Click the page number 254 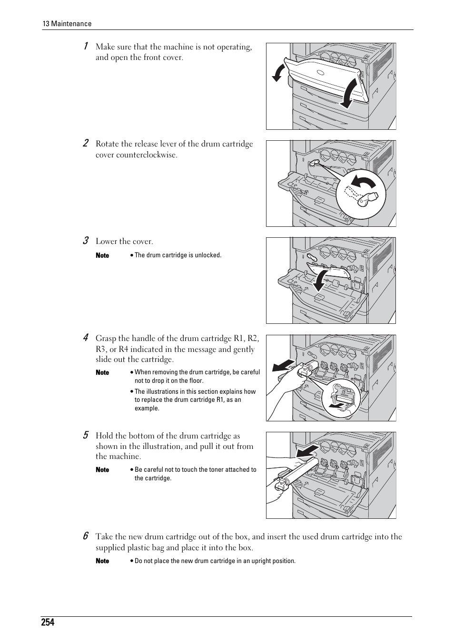(48, 622)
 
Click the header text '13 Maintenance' (67, 24)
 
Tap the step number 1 (85, 46)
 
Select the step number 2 (86, 143)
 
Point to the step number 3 (86, 241)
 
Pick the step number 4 (86, 338)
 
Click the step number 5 (86, 435)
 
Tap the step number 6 (86, 536)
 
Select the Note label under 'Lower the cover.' (102, 255)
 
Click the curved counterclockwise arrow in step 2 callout (365, 184)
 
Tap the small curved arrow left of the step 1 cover (278, 73)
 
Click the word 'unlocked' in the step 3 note (208, 255)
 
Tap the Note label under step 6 (102, 561)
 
